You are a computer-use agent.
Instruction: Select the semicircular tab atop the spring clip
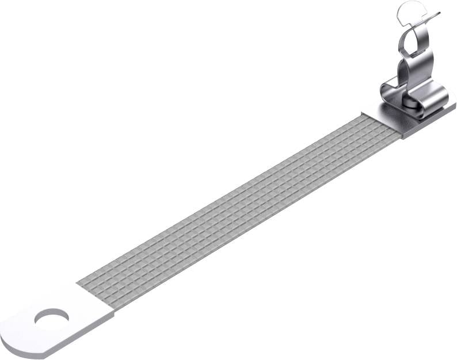(x=409, y=10)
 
